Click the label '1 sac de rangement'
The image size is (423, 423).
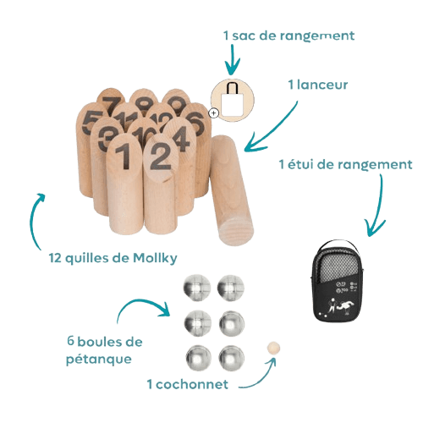coord(288,36)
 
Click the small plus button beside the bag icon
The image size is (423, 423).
coord(214,113)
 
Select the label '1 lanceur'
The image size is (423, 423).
coord(318,85)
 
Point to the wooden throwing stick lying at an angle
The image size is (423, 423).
coord(231,190)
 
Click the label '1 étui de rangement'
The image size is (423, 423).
coord(346,164)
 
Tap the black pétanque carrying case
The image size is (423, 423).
coord(338,281)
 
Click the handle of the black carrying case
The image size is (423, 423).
coord(337,244)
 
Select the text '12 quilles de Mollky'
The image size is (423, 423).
coord(113,258)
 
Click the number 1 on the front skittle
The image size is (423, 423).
coord(124,156)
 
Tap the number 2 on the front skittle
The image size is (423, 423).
coord(160,156)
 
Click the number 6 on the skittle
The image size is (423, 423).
coord(195,123)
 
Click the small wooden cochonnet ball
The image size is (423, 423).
coord(273,348)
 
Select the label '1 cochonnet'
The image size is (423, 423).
coord(188,384)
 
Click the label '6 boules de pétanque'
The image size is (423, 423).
coord(104,350)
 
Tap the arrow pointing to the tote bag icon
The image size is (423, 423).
coord(233,59)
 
